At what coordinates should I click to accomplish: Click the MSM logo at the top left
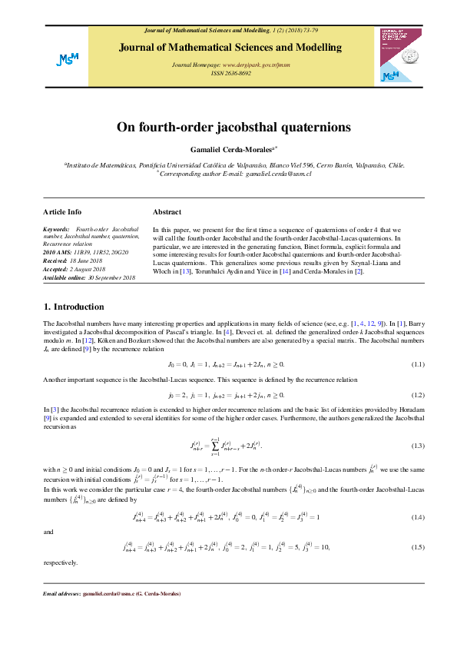pyautogui.click(x=64, y=59)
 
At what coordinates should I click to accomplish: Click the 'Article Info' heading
pyautogui.click(x=62, y=212)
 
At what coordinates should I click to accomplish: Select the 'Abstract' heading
pyautogui.click(x=167, y=212)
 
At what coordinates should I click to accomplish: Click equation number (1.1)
pyautogui.click(x=418, y=363)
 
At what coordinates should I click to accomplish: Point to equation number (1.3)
pyautogui.click(x=418, y=446)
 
